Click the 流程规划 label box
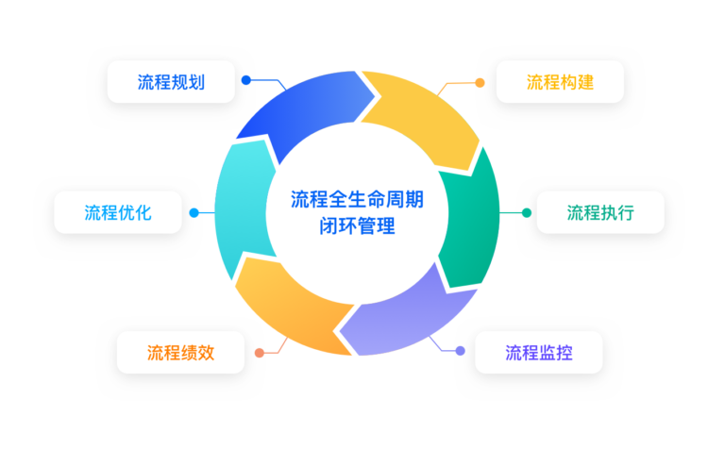click(x=171, y=82)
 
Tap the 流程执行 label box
click(x=600, y=212)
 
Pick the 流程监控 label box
click(x=539, y=352)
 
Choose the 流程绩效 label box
click(x=180, y=352)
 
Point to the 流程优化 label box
click(x=118, y=212)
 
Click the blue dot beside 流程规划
click(x=246, y=80)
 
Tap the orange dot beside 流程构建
click(x=480, y=82)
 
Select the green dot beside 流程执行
click(x=527, y=212)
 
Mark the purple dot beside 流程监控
click(x=460, y=351)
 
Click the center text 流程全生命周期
click(x=357, y=199)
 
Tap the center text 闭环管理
click(x=357, y=226)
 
